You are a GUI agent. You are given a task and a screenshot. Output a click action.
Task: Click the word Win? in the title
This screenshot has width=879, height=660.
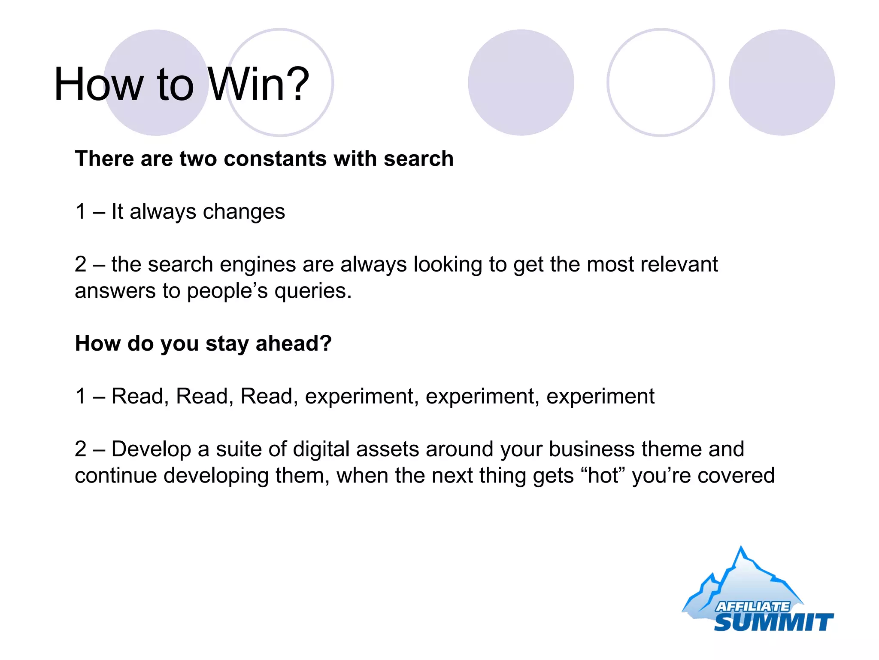(x=258, y=85)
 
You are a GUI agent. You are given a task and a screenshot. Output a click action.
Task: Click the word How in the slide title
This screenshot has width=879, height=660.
(x=98, y=85)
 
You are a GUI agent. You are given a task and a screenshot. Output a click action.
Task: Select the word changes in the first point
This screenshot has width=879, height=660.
(x=244, y=212)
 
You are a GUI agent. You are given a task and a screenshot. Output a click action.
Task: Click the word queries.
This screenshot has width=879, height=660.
(x=313, y=291)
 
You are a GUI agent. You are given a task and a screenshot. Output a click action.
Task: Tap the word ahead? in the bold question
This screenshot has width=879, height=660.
(x=294, y=344)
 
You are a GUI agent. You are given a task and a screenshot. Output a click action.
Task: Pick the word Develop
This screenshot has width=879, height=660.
(x=151, y=449)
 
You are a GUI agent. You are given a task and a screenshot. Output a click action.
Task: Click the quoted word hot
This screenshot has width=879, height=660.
(x=603, y=476)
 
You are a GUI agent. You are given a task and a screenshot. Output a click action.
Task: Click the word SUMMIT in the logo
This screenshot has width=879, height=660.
(x=773, y=622)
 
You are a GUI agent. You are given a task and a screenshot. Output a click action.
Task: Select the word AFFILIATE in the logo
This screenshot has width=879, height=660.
(x=752, y=606)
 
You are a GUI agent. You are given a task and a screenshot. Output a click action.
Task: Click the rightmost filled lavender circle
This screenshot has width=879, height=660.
(x=782, y=82)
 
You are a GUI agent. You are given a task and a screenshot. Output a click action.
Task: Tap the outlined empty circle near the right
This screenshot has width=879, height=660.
(x=661, y=82)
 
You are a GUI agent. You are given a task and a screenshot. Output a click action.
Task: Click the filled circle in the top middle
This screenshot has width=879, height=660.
(x=521, y=82)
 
